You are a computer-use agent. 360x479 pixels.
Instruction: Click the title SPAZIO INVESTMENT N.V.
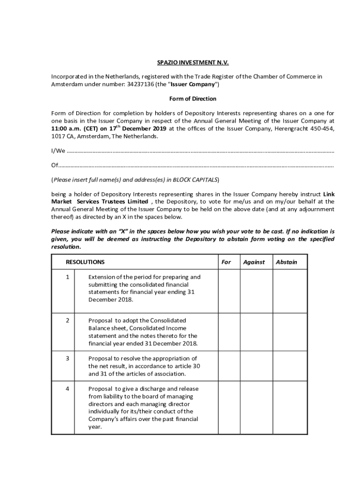(193, 63)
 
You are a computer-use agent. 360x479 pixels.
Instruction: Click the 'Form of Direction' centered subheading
(193, 99)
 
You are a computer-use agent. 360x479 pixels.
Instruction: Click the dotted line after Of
(196, 166)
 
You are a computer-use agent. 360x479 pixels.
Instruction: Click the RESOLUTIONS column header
(85, 262)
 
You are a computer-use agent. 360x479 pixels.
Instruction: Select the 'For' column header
(226, 262)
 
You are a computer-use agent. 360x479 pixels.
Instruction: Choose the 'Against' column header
(254, 262)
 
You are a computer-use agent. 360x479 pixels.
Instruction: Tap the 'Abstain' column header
(286, 262)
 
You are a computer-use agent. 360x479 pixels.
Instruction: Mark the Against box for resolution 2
(256, 332)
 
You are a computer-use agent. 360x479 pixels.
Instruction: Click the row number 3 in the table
(67, 359)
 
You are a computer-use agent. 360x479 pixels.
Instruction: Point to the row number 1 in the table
(67, 277)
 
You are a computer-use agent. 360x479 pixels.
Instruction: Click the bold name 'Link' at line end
(329, 194)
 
